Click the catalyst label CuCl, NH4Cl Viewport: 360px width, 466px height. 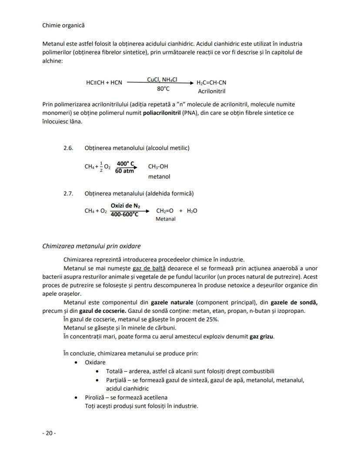162,80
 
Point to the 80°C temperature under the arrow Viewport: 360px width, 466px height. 163,89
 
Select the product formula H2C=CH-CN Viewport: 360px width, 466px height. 211,82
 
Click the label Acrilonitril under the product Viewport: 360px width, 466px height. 211,91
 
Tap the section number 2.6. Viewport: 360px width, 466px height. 68,148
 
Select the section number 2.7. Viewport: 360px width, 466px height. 68,193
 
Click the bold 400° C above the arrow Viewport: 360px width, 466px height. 125,164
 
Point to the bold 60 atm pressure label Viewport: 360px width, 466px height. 124,171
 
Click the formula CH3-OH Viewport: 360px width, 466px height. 158,167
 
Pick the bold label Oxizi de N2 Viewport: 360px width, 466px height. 125,205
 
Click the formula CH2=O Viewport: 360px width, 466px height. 165,211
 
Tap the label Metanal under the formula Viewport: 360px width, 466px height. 165,219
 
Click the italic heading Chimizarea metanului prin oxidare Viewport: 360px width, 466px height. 91,246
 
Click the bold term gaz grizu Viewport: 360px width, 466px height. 262,336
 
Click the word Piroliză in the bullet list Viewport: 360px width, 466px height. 95,397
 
